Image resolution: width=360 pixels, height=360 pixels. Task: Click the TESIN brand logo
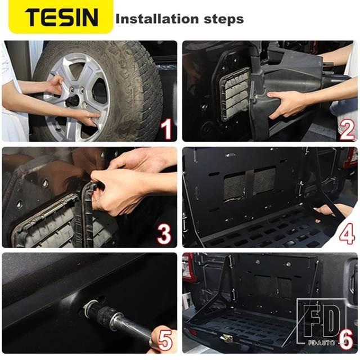tap(61, 17)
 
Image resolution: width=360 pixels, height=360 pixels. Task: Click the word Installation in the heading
tap(157, 19)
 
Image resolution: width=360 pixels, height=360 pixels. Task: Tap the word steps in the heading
tap(224, 20)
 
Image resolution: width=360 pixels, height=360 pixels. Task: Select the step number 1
tap(166, 129)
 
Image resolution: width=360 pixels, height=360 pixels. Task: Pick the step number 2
tap(347, 129)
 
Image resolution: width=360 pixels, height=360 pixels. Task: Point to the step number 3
tap(164, 234)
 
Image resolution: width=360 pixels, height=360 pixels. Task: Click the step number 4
tap(347, 234)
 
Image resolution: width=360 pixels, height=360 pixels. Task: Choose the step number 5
tap(165, 340)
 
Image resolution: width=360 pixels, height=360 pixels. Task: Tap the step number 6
tap(346, 339)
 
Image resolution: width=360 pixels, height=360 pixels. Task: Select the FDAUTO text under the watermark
tap(321, 343)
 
